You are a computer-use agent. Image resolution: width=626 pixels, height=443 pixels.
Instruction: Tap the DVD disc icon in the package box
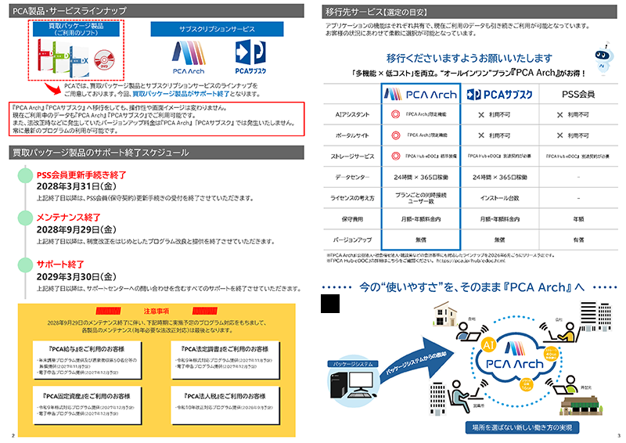click(103, 59)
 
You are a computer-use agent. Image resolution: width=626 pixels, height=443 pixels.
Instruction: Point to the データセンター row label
click(354, 177)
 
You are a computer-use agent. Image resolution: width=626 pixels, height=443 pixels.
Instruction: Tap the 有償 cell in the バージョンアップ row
click(580, 239)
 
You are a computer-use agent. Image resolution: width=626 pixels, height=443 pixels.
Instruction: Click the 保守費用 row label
click(354, 218)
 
